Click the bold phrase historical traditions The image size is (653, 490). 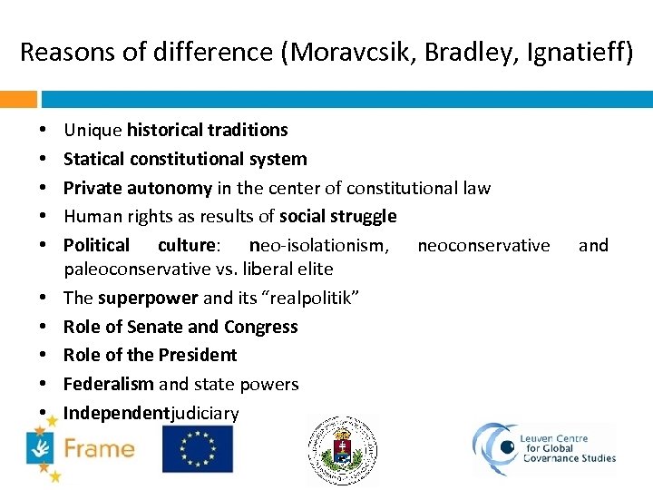(x=208, y=130)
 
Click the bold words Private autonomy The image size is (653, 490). (x=138, y=188)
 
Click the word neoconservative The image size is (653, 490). (x=483, y=245)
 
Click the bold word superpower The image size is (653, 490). (x=148, y=298)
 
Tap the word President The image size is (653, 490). (x=198, y=355)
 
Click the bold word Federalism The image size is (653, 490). (x=108, y=384)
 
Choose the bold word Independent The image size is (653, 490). (x=116, y=413)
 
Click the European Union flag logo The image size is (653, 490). (x=197, y=449)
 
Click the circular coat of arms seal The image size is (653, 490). (x=342, y=451)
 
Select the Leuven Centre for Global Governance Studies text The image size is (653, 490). (x=568, y=450)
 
